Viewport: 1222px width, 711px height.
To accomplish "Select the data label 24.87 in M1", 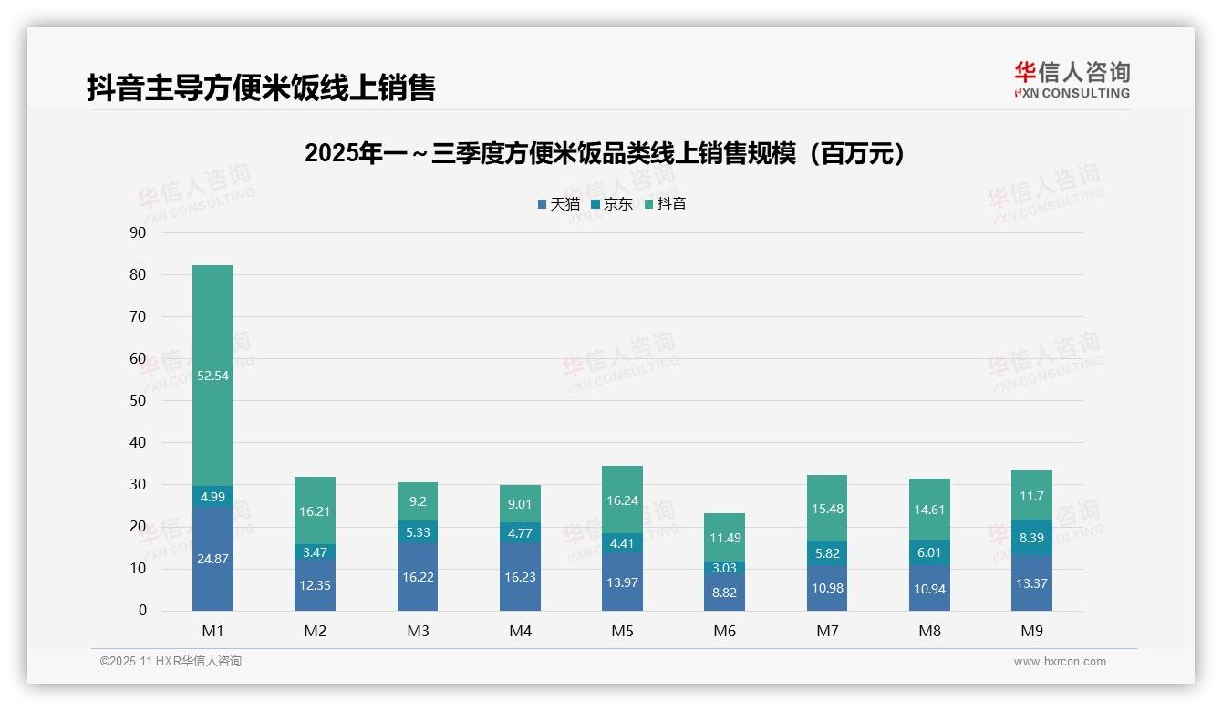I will coord(212,559).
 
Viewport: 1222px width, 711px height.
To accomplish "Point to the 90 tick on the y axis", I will coord(138,233).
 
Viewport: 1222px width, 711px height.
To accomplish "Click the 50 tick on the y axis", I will coord(138,401).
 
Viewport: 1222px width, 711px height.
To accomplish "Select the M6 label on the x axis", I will coord(724,631).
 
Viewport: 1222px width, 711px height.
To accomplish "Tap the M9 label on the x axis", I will coord(1031,631).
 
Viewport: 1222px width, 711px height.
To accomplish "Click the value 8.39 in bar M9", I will coord(1031,538).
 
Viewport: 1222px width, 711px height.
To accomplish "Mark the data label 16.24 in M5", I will coord(622,500).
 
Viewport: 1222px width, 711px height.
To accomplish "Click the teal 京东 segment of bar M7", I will coord(827,552).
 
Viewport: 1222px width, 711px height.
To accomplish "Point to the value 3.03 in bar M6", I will coord(724,568).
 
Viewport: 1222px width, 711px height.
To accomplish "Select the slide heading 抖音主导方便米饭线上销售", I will coord(261,88).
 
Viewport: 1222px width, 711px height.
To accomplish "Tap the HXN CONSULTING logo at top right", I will coord(1072,80).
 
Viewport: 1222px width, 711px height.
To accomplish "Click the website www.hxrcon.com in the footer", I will coord(1060,662).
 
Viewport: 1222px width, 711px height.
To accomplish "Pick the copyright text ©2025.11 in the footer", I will coord(171,662).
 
